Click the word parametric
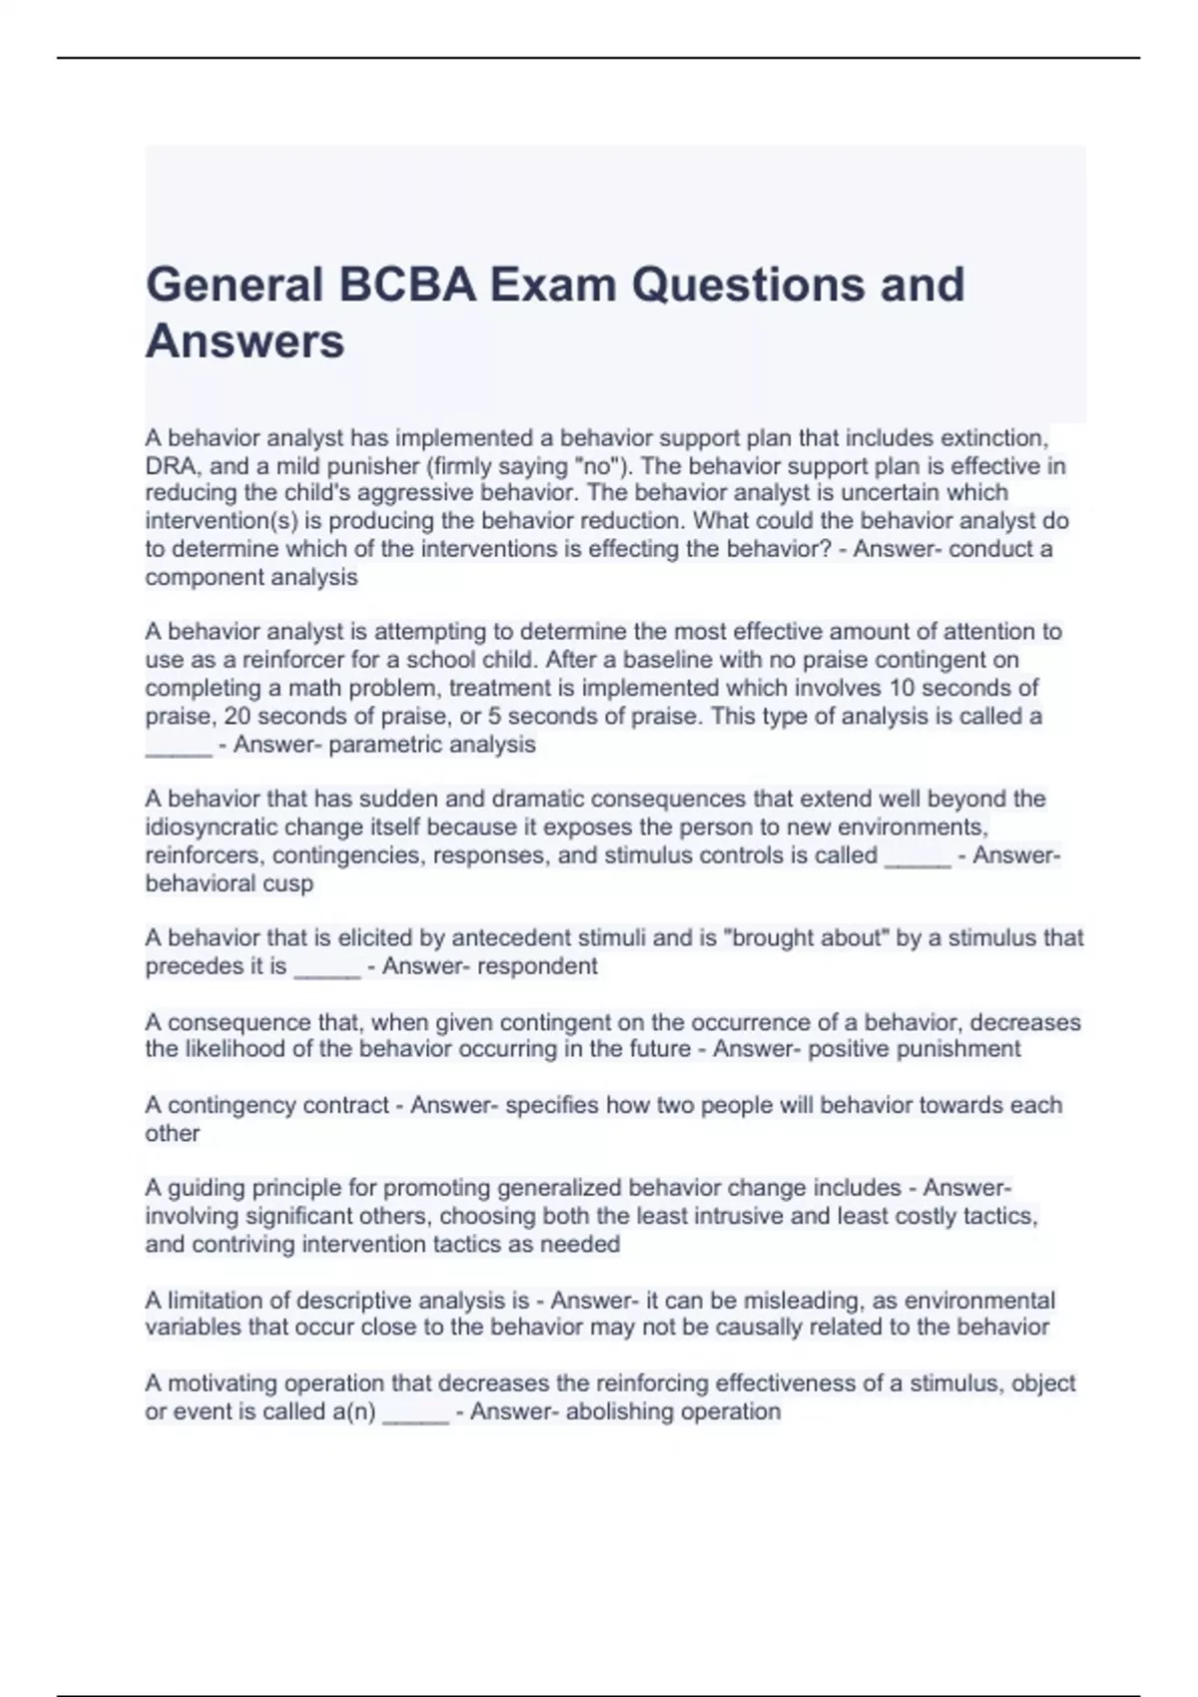(382, 745)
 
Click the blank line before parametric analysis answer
(179, 747)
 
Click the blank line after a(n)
(415, 1414)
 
